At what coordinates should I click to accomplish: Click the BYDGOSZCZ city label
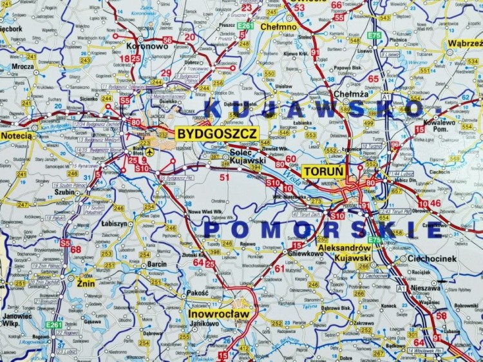coord(217,134)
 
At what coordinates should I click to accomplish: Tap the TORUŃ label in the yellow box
coord(320,171)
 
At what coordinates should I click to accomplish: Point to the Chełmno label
coord(278,27)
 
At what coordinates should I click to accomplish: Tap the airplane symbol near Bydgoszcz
coord(150,152)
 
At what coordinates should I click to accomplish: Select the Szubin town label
coord(64,191)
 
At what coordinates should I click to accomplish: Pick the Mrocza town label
coord(23,66)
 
